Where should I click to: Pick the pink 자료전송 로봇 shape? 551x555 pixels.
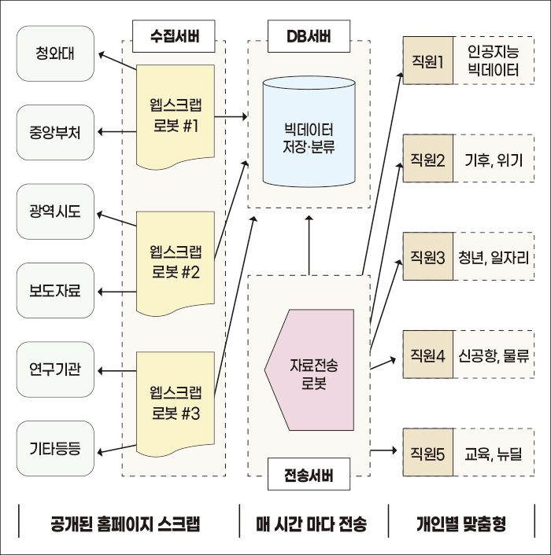[309, 366]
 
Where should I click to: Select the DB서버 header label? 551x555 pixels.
[309, 35]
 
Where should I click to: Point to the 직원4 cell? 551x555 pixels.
[428, 356]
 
